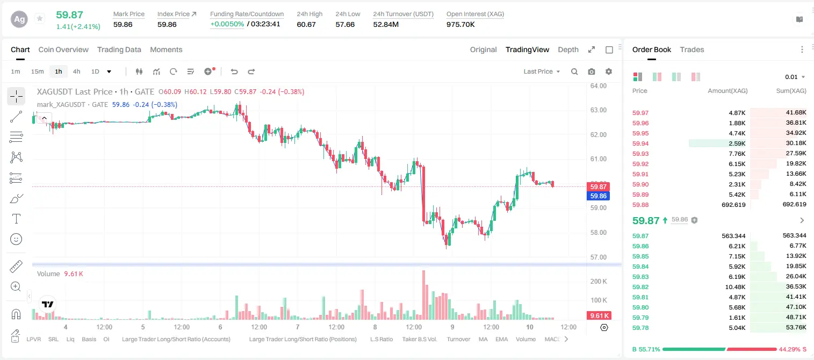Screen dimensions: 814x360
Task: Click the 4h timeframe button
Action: pos(76,71)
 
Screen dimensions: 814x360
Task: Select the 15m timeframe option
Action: pos(37,71)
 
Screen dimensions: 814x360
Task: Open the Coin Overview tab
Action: pos(63,49)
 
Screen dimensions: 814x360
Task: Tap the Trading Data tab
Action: pos(119,49)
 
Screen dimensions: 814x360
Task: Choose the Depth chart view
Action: pos(568,49)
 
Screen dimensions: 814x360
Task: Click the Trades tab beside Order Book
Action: pos(692,49)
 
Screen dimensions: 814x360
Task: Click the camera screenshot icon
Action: pos(592,71)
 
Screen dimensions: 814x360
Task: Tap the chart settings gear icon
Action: pos(609,71)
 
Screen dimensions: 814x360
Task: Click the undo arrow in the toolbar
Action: pos(234,71)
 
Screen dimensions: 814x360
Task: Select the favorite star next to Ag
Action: pos(40,18)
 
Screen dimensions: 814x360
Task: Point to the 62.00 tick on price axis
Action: pos(598,134)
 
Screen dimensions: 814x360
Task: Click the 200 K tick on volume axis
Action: pos(599,281)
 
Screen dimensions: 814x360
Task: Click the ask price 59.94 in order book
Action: pos(640,143)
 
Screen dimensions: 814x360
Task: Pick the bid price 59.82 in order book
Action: pos(640,287)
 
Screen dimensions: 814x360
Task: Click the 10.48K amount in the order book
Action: pos(735,287)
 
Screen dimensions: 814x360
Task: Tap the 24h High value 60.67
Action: pos(306,24)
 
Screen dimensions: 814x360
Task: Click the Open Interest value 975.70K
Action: pos(460,24)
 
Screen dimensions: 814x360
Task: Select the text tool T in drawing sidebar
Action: pos(16,219)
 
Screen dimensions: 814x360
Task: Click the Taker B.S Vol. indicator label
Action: pos(419,339)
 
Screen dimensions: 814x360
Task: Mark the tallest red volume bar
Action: pos(424,295)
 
